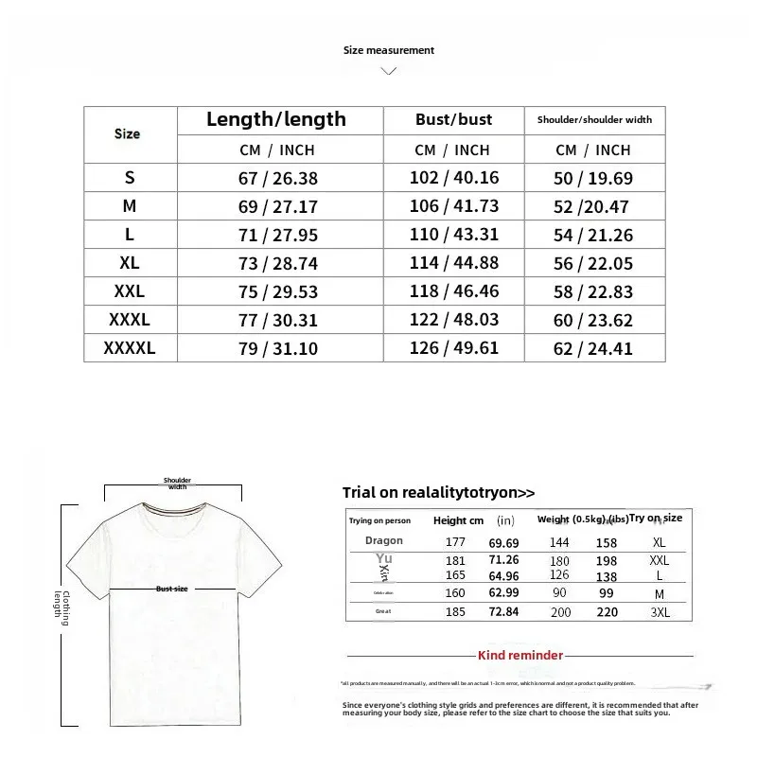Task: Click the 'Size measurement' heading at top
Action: click(388, 50)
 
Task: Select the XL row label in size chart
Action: click(129, 263)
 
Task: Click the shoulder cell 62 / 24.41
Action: click(593, 349)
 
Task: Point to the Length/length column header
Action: click(276, 119)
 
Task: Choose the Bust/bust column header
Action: click(454, 119)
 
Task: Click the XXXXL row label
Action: click(129, 348)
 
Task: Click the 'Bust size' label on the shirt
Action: click(172, 589)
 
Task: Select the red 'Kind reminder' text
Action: click(520, 655)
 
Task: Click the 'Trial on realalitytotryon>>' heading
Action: click(438, 492)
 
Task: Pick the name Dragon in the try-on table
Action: click(383, 541)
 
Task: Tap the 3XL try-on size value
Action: click(660, 613)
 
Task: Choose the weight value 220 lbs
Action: click(606, 613)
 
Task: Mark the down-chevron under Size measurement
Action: click(388, 70)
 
